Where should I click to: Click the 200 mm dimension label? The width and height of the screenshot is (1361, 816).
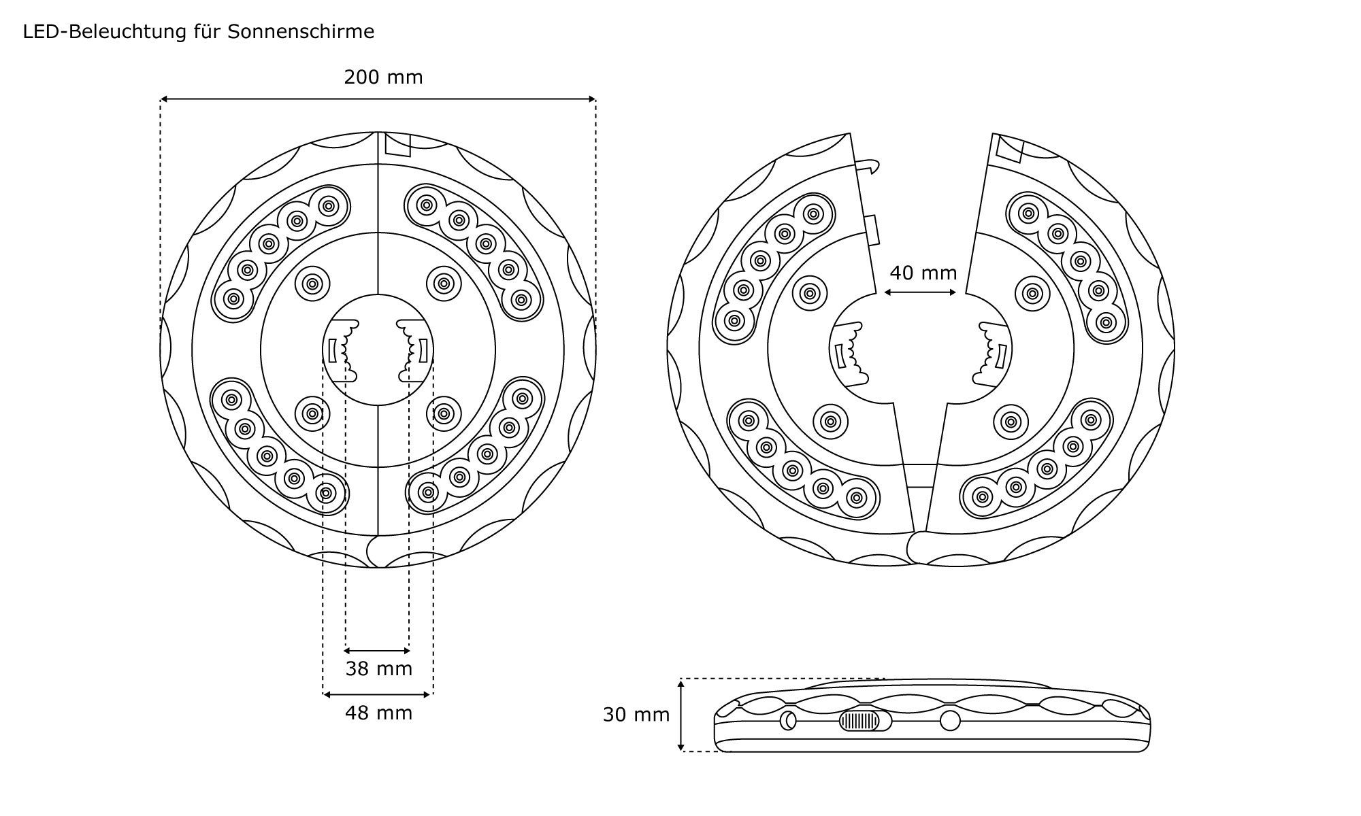click(383, 78)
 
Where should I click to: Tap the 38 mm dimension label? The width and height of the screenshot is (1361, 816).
click(378, 669)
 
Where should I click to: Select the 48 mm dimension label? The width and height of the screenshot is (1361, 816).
click(378, 713)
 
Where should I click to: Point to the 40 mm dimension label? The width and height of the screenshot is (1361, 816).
click(923, 273)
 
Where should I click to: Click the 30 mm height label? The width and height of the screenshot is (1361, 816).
click(636, 715)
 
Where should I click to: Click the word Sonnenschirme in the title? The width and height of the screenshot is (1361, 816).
click(301, 32)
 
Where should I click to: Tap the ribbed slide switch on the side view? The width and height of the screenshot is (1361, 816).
click(859, 721)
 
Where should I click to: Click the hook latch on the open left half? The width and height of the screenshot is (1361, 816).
click(868, 165)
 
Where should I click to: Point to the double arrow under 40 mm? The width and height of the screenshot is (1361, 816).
click(920, 292)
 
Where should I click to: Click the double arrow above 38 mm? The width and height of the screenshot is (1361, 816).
click(378, 651)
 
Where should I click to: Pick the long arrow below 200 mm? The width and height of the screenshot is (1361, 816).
click(378, 100)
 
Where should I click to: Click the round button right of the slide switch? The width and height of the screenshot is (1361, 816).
click(950, 721)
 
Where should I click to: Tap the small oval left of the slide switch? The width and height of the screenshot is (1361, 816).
click(788, 721)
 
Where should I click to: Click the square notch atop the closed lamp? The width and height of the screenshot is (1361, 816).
click(398, 145)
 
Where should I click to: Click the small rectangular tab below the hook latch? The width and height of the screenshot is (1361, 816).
click(874, 229)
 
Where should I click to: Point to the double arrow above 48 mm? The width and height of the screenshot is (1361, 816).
click(378, 694)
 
